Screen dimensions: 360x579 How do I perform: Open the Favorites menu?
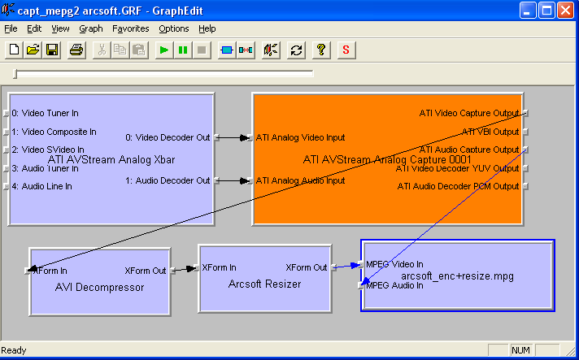click(130, 28)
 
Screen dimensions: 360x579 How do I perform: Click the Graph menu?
click(91, 28)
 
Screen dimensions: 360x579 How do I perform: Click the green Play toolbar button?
click(164, 50)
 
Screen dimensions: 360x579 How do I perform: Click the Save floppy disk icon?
click(52, 50)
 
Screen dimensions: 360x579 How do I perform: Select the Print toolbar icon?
click(76, 50)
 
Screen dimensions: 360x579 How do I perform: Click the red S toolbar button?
click(346, 50)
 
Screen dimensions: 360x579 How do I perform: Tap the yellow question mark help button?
click(321, 50)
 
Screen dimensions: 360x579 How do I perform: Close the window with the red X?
click(564, 11)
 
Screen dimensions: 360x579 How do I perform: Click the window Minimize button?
click(527, 11)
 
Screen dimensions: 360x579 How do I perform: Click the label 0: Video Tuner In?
click(46, 113)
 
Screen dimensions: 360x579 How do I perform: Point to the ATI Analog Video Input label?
click(300, 137)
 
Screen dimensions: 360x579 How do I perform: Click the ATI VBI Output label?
click(490, 132)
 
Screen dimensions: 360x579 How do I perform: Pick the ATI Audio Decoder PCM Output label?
click(458, 186)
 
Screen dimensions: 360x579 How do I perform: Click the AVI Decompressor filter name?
click(99, 287)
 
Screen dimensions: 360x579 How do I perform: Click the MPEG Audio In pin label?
click(394, 285)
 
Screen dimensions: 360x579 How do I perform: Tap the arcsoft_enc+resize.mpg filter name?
click(457, 275)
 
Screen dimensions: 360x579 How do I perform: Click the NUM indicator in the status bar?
click(521, 350)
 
